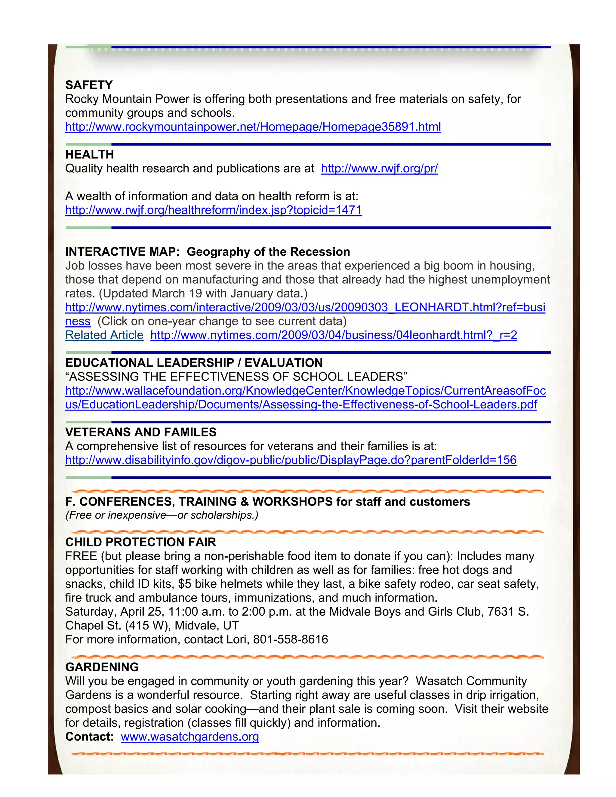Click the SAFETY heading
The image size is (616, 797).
click(89, 85)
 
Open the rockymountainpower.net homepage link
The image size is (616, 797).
click(253, 127)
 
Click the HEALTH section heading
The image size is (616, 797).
click(89, 155)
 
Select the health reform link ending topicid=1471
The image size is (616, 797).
click(214, 210)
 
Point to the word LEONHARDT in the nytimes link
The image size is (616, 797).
click(432, 307)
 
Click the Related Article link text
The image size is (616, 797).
click(104, 335)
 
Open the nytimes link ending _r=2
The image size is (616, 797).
click(334, 335)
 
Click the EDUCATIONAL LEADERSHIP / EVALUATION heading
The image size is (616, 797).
click(194, 363)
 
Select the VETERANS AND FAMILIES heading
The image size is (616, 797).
click(141, 432)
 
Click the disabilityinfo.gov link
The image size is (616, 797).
click(291, 460)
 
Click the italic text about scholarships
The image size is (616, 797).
click(162, 515)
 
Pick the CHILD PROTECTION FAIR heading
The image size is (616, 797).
click(140, 542)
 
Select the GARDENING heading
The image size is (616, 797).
click(102, 667)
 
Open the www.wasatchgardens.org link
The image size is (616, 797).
click(190, 737)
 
